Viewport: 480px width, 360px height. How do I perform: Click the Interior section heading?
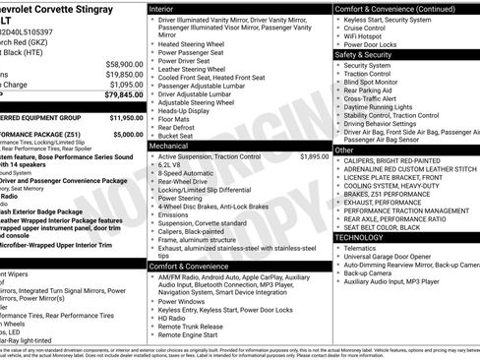(163, 8)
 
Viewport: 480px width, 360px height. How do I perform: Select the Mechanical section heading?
(170, 145)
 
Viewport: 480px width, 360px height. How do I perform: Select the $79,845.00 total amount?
(124, 95)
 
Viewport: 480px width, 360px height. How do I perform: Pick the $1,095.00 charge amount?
(126, 85)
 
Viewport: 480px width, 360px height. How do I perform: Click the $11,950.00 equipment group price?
(124, 116)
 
